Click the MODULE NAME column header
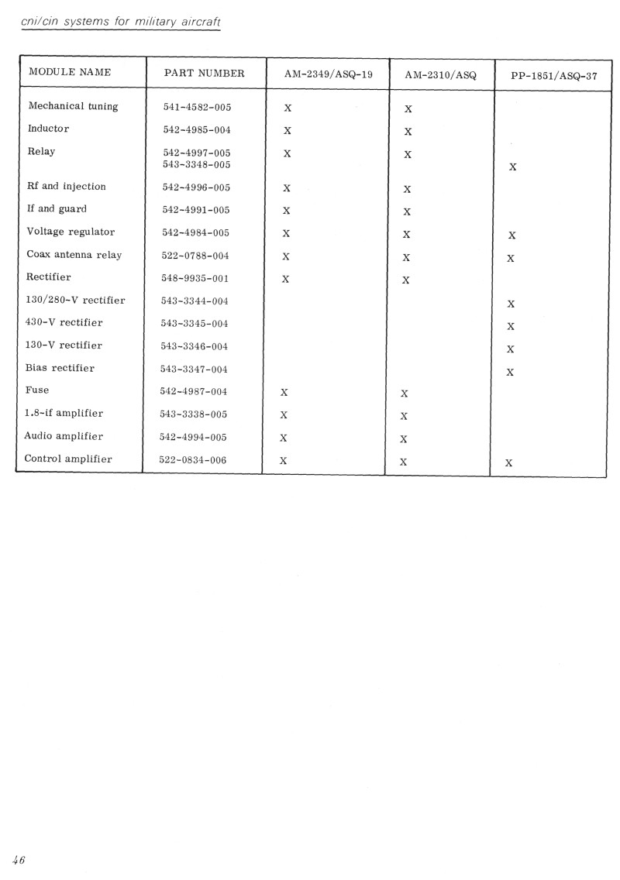[70, 72]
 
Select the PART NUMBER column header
[205, 74]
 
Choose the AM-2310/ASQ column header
[440, 76]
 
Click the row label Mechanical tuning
[73, 106]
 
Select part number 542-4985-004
[197, 129]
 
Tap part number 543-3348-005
[197, 165]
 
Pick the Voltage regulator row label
[71, 232]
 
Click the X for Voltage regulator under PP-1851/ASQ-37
[511, 235]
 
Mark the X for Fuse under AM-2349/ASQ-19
[284, 392]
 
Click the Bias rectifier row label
[60, 368]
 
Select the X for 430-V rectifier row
[511, 327]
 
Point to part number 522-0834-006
[193, 459]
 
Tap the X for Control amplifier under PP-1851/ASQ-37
[508, 463]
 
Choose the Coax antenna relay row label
[74, 255]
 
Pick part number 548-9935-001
[196, 278]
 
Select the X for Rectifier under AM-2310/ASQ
[406, 280]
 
